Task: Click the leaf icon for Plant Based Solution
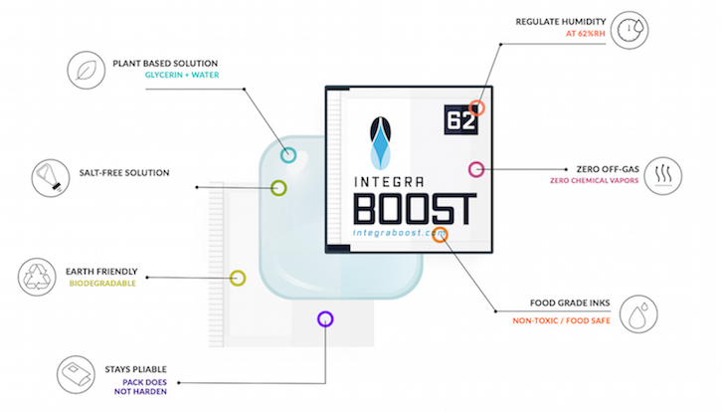point(87,70)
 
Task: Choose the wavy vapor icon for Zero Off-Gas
point(662,176)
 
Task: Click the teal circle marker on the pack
point(288,155)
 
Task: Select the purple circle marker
point(325,319)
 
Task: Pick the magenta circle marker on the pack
point(476,169)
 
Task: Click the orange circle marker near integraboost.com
point(440,235)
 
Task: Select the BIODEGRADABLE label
point(102,284)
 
